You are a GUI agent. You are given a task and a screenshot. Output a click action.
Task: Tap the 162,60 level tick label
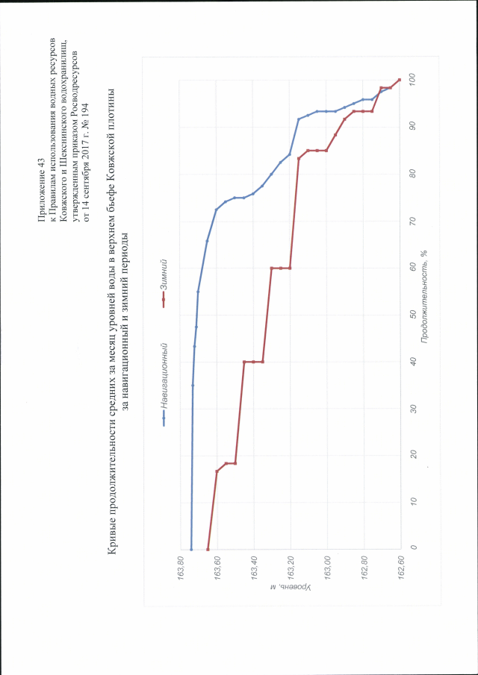pos(403,568)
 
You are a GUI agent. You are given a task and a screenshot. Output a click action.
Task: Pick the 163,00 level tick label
pos(329,568)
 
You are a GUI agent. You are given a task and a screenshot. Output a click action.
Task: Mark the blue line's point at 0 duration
pos(192,548)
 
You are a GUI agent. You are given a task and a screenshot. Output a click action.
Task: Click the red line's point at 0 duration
pos(208,548)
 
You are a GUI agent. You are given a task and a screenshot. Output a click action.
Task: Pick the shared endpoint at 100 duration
pos(400,80)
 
